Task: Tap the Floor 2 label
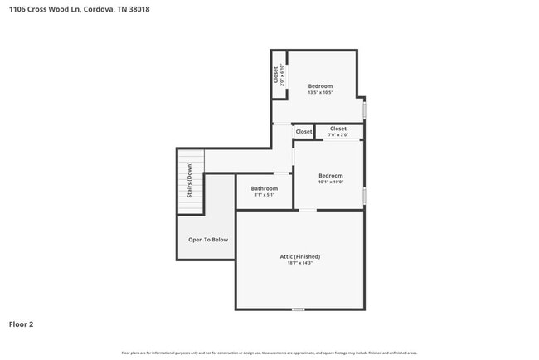pos(21,324)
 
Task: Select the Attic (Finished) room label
pos(299,256)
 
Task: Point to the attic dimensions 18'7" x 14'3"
pos(299,263)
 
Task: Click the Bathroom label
pos(265,188)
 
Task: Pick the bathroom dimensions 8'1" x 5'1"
pos(265,195)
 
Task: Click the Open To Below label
pos(207,240)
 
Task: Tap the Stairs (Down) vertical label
pos(190,182)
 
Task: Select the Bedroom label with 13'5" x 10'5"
pos(320,86)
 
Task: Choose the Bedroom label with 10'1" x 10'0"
pos(331,176)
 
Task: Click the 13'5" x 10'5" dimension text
pos(320,93)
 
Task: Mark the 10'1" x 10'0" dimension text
pos(331,182)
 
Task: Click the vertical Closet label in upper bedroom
pos(276,74)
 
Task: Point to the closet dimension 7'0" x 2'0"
pos(338,134)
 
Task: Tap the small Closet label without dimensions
pos(303,132)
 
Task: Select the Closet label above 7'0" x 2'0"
pos(338,129)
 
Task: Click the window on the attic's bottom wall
pos(298,309)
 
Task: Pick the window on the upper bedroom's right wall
pos(364,109)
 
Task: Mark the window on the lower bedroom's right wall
pos(364,196)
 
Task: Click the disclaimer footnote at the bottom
pos(269,353)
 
